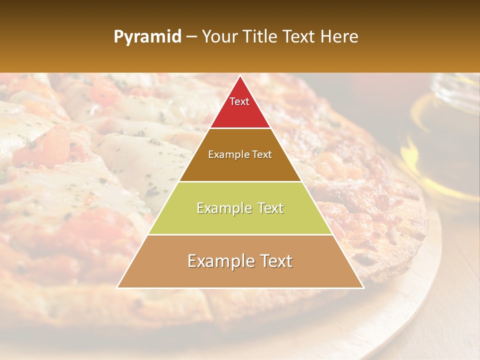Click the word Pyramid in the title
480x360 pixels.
coord(147,37)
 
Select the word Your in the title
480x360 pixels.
coord(219,37)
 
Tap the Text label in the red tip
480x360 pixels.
coord(239,101)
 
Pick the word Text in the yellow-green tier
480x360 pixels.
coord(267,208)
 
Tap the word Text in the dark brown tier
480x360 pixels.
coord(260,155)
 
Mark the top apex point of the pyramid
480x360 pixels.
coord(240,76)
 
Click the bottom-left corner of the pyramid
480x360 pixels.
coord(117,287)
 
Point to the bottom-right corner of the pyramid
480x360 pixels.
coord(363,287)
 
